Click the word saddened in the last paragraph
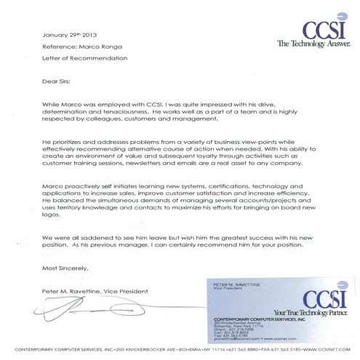pyautogui.click(x=103, y=237)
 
